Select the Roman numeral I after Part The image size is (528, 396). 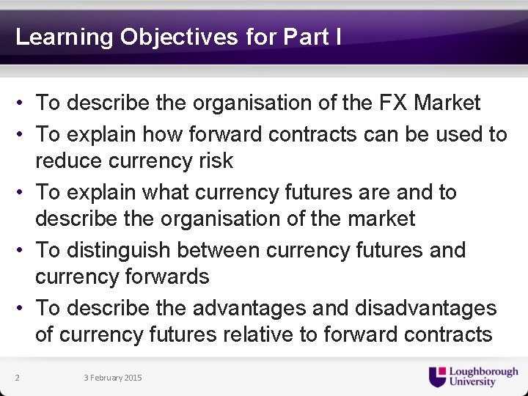tap(337, 37)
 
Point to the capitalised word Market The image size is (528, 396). tap(447, 103)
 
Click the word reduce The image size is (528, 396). tap(73, 161)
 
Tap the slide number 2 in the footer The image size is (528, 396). tap(17, 378)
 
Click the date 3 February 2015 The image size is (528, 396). tap(113, 378)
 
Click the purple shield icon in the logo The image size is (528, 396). tap(438, 376)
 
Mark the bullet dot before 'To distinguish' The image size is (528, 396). tap(24, 250)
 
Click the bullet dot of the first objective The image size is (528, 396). tap(24, 103)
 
